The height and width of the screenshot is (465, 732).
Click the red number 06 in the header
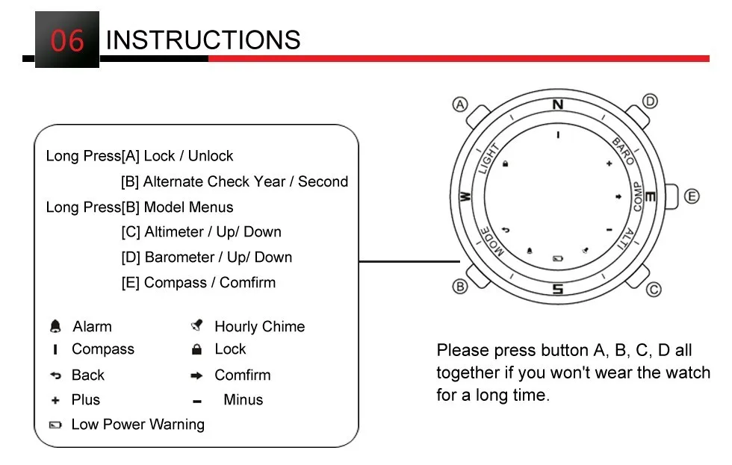click(66, 40)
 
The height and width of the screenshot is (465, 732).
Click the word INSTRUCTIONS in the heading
click(203, 40)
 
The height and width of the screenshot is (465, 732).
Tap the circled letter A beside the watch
click(461, 104)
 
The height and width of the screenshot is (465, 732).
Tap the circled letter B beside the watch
click(460, 286)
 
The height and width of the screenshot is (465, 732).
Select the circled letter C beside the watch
click(653, 290)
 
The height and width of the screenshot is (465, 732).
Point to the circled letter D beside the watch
click(650, 102)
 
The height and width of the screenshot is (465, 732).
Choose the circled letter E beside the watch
click(692, 196)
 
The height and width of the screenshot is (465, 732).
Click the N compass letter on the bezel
click(557, 105)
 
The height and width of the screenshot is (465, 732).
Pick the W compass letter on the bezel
click(465, 197)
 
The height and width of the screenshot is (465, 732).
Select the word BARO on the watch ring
click(624, 151)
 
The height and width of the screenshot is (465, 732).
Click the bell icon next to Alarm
click(55, 326)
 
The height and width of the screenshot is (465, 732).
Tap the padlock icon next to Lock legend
click(197, 349)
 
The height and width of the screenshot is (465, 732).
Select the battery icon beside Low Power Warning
click(55, 425)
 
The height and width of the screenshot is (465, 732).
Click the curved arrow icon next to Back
click(55, 375)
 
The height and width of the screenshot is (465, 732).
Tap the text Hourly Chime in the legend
click(259, 326)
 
